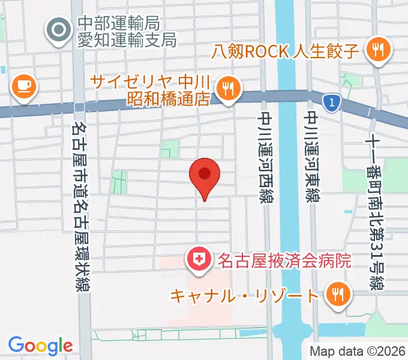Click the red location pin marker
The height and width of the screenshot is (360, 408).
pos(205,176)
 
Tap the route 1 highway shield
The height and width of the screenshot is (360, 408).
pos(329,103)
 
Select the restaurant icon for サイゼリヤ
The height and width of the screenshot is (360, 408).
pos(227,89)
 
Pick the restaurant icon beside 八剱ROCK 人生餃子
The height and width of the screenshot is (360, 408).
pos(377,50)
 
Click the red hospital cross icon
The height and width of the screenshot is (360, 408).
pos(197,260)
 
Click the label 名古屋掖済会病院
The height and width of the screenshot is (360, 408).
pos(283,260)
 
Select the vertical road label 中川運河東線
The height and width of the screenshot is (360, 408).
pos(311,157)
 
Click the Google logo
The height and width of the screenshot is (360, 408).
pos(40,345)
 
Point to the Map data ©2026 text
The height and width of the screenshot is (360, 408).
pos(357,351)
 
